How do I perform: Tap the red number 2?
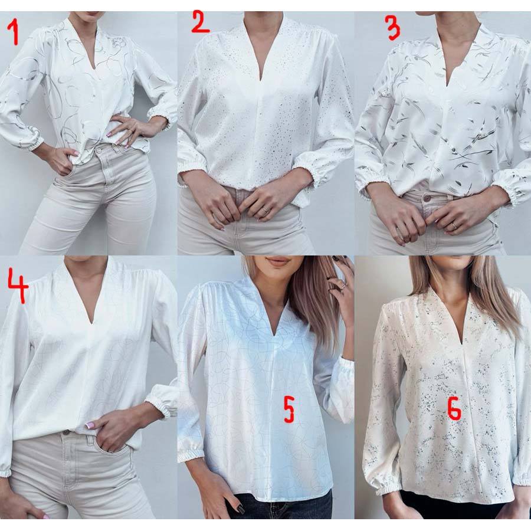click(200, 22)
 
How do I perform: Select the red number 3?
click(393, 28)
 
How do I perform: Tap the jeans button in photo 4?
click(66, 432)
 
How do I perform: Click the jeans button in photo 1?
click(100, 150)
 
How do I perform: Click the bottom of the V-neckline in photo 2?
click(261, 81)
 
